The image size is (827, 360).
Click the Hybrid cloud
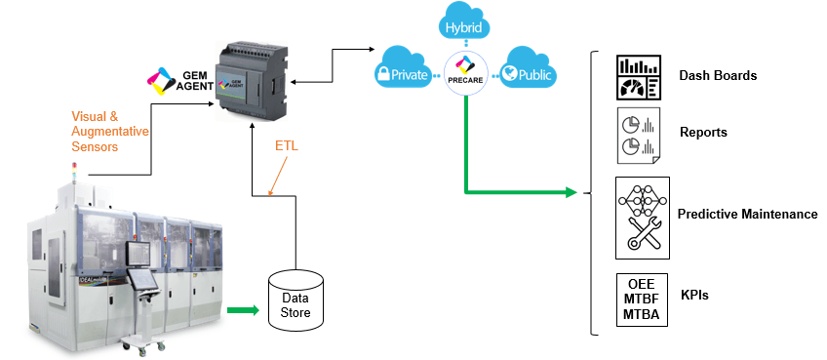tap(464, 22)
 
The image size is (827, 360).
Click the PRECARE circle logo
tap(464, 73)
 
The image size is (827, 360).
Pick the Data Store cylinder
tap(295, 300)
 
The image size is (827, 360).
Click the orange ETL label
tap(287, 146)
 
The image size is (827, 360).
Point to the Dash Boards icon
tap(638, 77)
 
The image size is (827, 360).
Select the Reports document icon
tap(638, 136)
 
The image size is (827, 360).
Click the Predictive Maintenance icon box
tap(643, 218)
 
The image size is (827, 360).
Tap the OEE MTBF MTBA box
tap(642, 300)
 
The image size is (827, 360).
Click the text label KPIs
tap(694, 295)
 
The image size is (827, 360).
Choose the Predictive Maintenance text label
tap(747, 214)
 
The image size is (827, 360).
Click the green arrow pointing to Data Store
tap(243, 310)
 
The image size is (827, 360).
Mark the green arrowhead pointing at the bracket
tap(571, 192)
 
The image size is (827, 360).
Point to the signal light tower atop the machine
tap(74, 172)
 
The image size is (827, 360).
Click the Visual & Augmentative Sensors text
tap(109, 131)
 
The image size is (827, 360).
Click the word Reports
tap(703, 132)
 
